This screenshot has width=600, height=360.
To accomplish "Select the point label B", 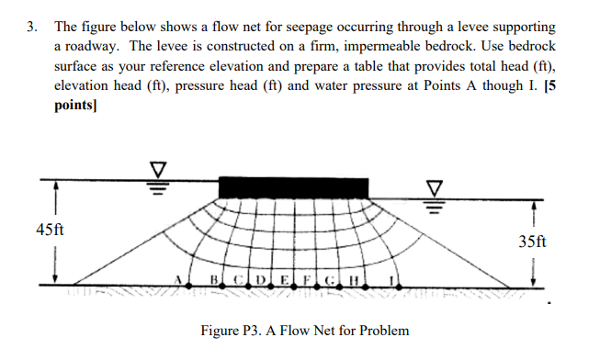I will [214, 278].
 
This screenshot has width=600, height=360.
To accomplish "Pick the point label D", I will [260, 278].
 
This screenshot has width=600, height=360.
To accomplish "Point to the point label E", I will [283, 278].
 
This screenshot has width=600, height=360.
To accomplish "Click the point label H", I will [353, 278].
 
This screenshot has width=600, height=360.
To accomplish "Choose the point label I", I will [392, 278].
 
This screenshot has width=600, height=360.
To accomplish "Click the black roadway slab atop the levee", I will [293, 186].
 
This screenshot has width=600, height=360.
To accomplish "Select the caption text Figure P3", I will [227, 330].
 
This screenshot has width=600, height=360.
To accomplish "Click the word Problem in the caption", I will [384, 330].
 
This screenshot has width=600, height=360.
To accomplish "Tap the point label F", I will [306, 278].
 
